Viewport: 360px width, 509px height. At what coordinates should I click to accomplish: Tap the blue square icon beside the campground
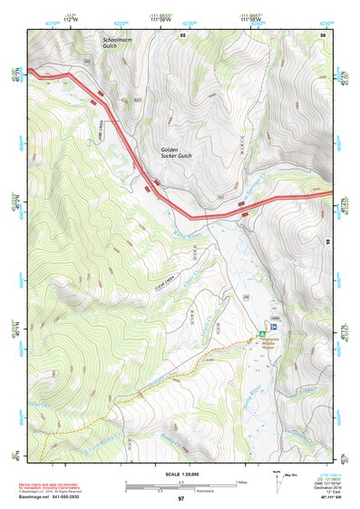pyautogui.click(x=273, y=323)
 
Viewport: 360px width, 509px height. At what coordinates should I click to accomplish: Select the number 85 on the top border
pyautogui.click(x=183, y=34)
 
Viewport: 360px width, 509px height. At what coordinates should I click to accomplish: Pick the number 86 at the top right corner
pyautogui.click(x=322, y=34)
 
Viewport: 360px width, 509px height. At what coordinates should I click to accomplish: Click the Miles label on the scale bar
pyautogui.click(x=242, y=482)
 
